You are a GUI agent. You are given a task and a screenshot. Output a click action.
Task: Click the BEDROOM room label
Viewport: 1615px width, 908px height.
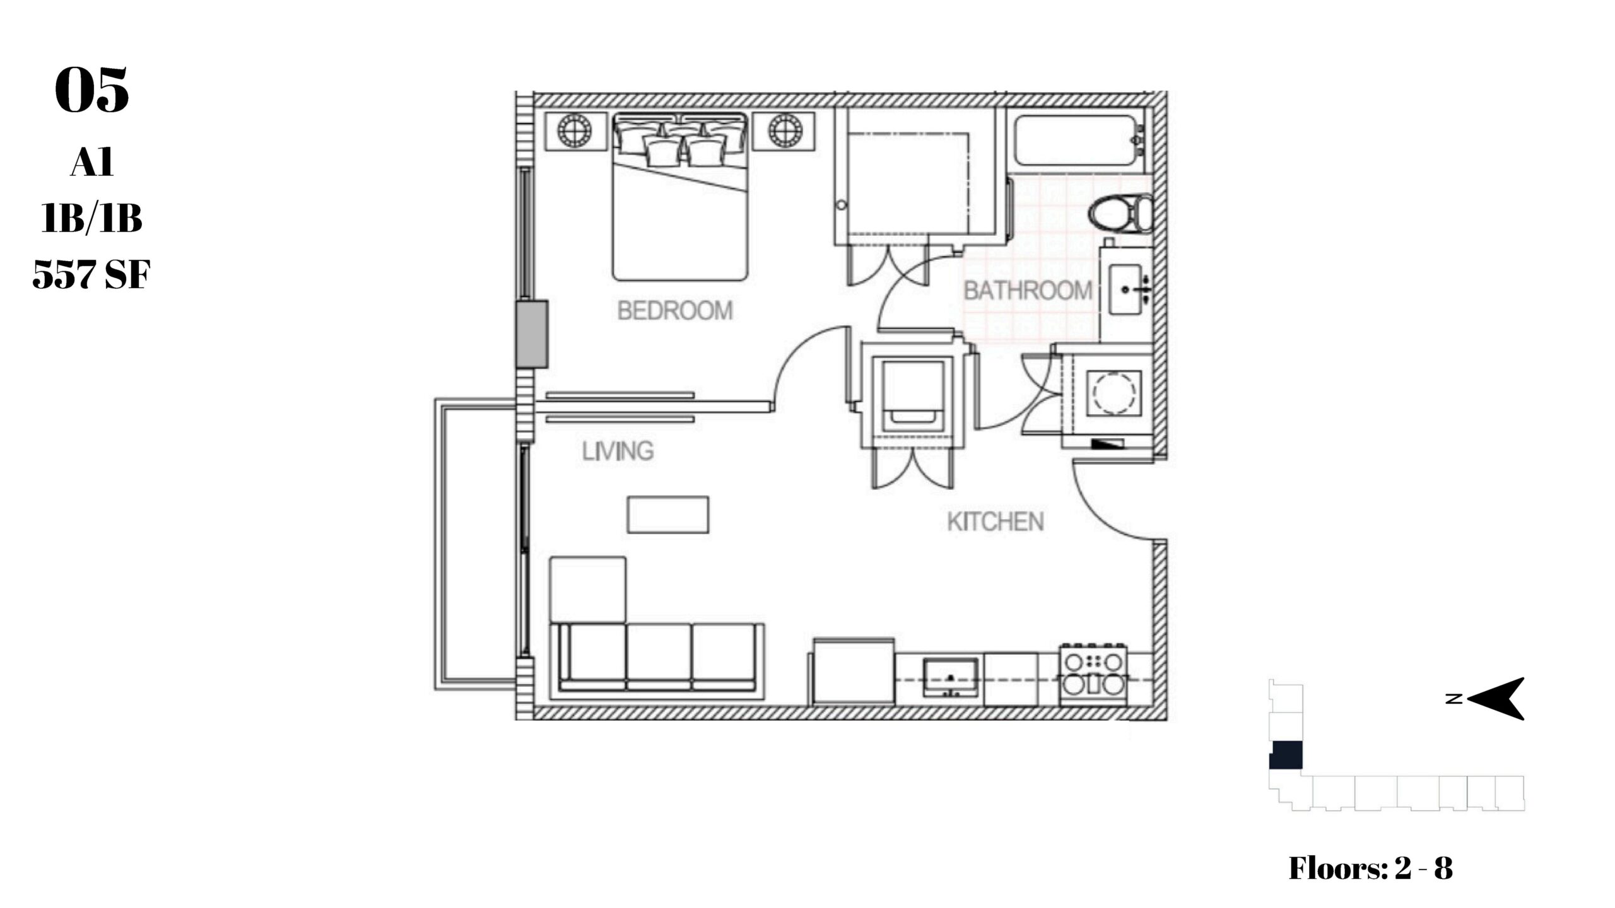[x=675, y=311]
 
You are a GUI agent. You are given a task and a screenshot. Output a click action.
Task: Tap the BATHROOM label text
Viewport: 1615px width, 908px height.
[x=1028, y=291]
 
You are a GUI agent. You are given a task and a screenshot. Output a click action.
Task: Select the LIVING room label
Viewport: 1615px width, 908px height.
[x=618, y=451]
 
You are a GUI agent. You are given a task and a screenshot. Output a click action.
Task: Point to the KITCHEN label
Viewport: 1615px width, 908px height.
[x=995, y=521]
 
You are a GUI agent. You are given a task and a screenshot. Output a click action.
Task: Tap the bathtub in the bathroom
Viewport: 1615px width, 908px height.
[x=1078, y=140]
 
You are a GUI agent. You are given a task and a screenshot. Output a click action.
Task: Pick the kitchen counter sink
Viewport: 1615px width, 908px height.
[x=951, y=678]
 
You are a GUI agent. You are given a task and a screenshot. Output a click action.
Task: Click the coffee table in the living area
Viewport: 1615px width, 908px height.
[x=667, y=515]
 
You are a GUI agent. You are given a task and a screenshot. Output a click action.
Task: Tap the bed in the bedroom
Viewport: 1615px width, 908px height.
[x=680, y=196]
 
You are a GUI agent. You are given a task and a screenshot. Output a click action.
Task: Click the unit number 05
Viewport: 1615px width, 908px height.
[x=92, y=90]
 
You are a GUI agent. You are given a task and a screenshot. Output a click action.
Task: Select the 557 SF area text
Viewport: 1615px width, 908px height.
[x=91, y=274]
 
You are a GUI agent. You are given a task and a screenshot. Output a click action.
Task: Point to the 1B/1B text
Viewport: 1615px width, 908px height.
[x=91, y=218]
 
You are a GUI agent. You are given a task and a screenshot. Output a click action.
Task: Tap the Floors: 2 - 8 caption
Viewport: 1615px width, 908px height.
[x=1370, y=868]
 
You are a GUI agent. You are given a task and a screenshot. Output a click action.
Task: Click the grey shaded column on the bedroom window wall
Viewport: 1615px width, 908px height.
[x=531, y=334]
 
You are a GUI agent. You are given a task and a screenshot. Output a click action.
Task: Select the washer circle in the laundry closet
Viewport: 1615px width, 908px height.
[x=1113, y=393]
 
